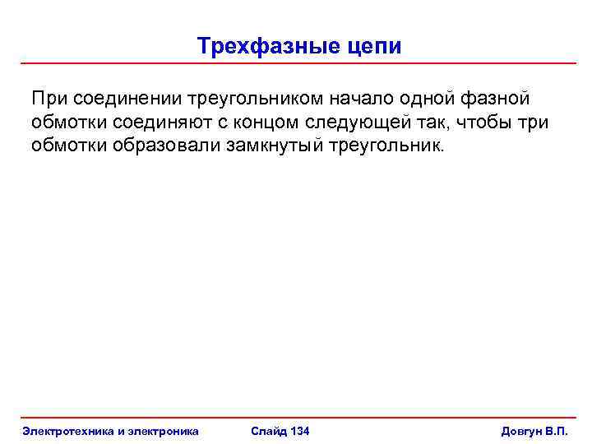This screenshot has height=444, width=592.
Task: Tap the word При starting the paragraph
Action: (x=51, y=99)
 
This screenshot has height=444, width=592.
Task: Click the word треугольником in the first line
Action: (x=257, y=99)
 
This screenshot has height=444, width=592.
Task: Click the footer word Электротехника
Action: (x=71, y=431)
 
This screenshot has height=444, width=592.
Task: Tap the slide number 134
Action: (x=300, y=431)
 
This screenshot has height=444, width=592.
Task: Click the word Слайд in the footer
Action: (x=268, y=431)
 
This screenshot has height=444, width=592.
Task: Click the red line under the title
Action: (x=296, y=63)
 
